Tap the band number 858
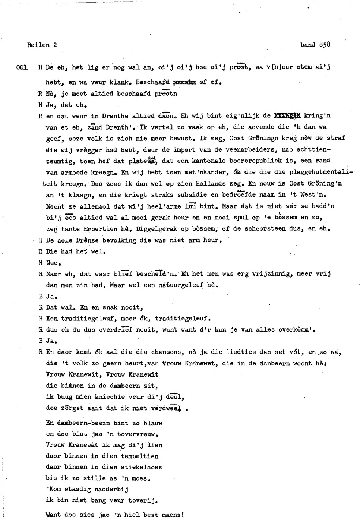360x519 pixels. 324,45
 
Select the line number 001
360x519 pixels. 22,67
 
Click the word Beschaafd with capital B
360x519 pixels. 152,82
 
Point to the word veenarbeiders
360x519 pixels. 244,150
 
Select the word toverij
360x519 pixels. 143,500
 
